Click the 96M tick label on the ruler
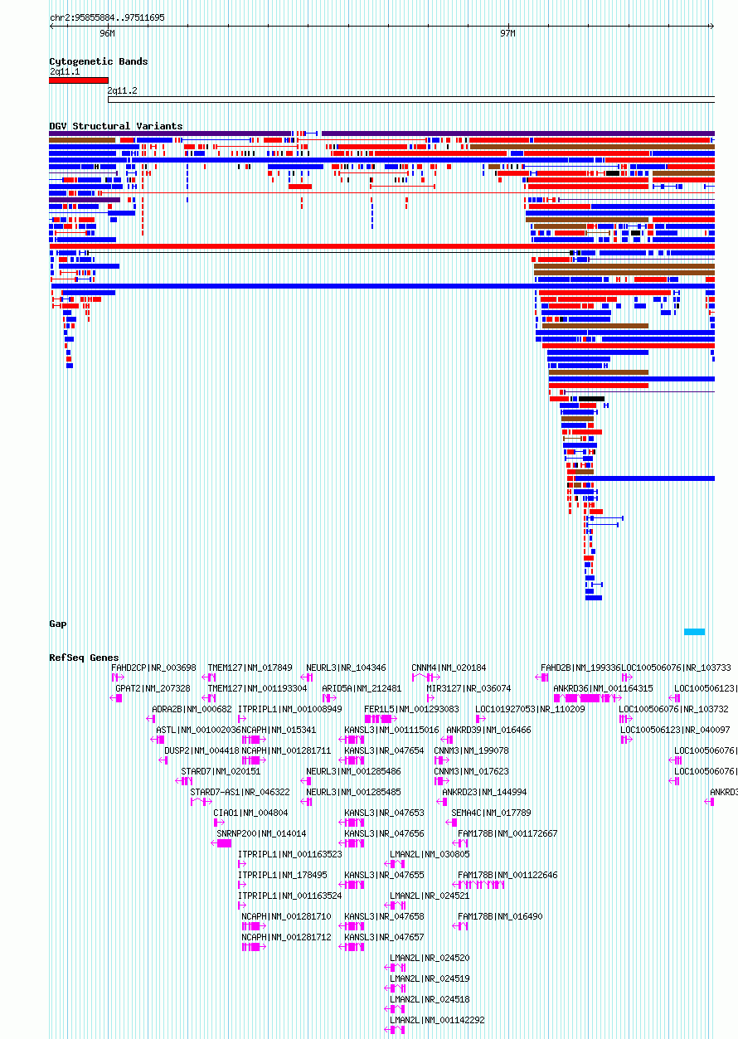107,34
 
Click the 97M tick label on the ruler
507,34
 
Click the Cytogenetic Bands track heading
98,61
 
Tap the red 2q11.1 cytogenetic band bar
78,80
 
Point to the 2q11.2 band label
123,90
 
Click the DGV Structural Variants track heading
115,126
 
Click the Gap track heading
57,624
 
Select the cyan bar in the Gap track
694,632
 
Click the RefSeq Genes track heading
84,658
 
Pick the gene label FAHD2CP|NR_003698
153,668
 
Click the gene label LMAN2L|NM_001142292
437,1020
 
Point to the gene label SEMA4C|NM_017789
491,813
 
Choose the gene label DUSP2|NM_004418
201,750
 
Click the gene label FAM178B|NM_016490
500,916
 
